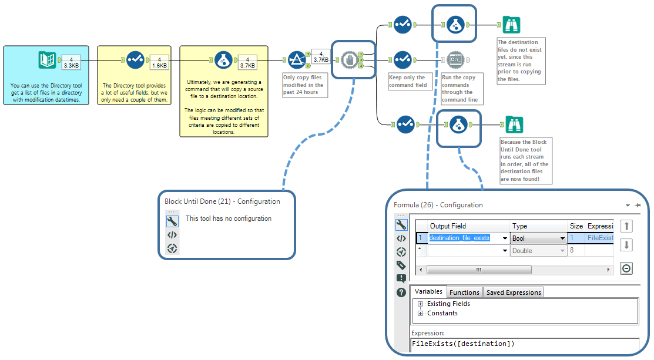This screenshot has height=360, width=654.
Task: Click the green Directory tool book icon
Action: [x=47, y=60]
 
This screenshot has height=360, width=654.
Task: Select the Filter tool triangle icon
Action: [x=296, y=60]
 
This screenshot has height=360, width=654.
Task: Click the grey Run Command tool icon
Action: [x=455, y=59]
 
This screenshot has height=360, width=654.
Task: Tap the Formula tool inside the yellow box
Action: [x=222, y=60]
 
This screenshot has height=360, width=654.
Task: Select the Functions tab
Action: [x=465, y=292]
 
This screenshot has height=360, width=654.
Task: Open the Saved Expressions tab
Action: [x=513, y=292]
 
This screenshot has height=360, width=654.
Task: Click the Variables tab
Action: [x=428, y=292]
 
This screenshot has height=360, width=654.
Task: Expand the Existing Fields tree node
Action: [x=421, y=304]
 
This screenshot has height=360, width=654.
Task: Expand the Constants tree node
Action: [x=421, y=314]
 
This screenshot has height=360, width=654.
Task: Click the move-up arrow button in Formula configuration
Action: [x=626, y=226]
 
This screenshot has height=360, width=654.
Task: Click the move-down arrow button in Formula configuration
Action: [x=626, y=245]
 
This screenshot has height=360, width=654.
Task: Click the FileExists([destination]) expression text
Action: [x=463, y=344]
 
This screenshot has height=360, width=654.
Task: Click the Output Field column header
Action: [x=448, y=226]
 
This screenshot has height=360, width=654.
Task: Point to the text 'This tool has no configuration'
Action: [x=229, y=218]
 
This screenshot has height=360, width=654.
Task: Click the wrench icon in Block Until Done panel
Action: [x=172, y=221]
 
